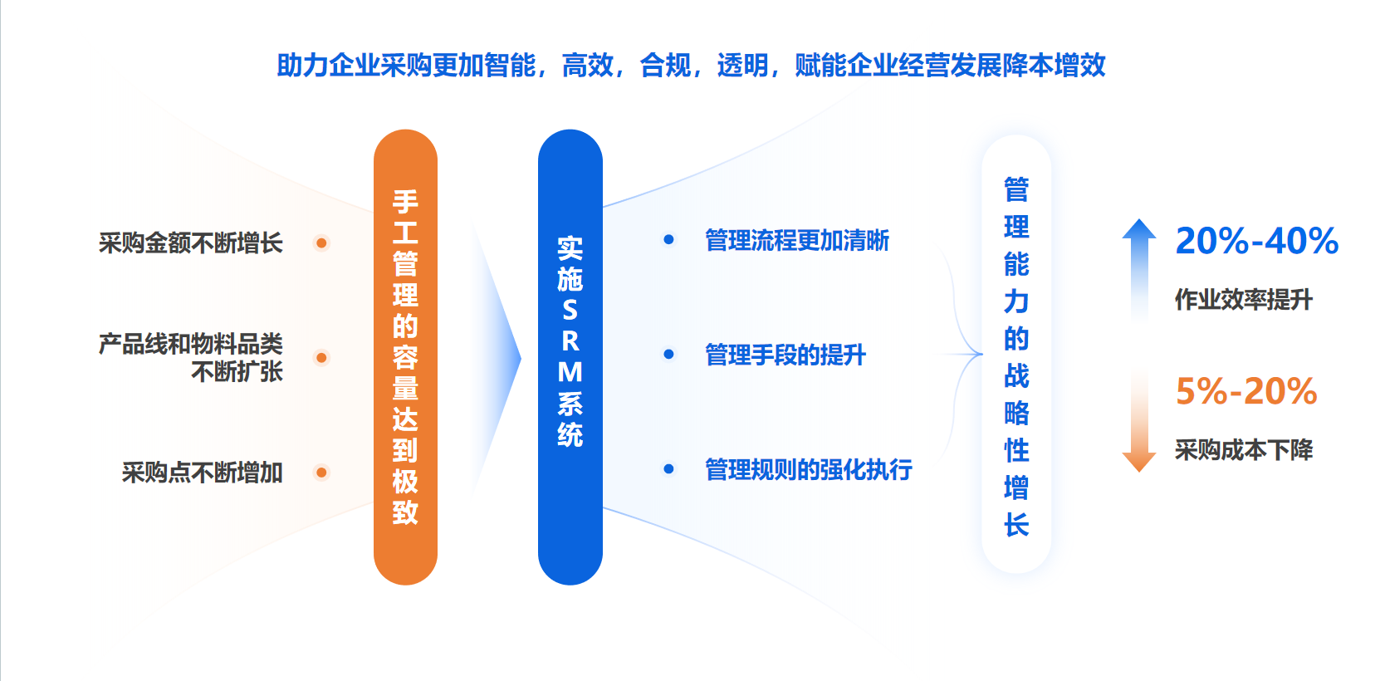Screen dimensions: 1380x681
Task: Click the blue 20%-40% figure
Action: coord(1257,240)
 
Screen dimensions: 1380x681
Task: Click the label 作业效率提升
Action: coord(1243,300)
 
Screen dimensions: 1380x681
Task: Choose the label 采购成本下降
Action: coord(1243,450)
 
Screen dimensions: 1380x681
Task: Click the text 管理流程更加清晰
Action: coord(796,240)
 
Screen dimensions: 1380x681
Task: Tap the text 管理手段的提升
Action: coord(785,355)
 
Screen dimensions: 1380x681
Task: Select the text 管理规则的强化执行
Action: coord(808,469)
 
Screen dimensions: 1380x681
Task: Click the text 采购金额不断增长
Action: coord(190,243)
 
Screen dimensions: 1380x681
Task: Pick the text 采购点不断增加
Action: coord(202,473)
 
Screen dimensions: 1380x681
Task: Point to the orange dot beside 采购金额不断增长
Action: coord(321,243)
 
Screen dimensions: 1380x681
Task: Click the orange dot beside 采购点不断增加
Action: coord(321,473)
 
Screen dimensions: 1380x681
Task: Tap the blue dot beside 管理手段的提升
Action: coord(668,355)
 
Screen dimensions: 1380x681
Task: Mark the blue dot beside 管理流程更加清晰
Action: coord(668,240)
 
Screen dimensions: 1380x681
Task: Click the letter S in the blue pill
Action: coord(570,310)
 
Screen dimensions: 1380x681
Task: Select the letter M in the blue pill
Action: coord(570,372)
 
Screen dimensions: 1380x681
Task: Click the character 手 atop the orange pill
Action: coord(405,202)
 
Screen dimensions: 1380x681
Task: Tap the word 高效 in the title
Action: coord(588,66)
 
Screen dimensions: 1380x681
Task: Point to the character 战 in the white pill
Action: coord(1016,375)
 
